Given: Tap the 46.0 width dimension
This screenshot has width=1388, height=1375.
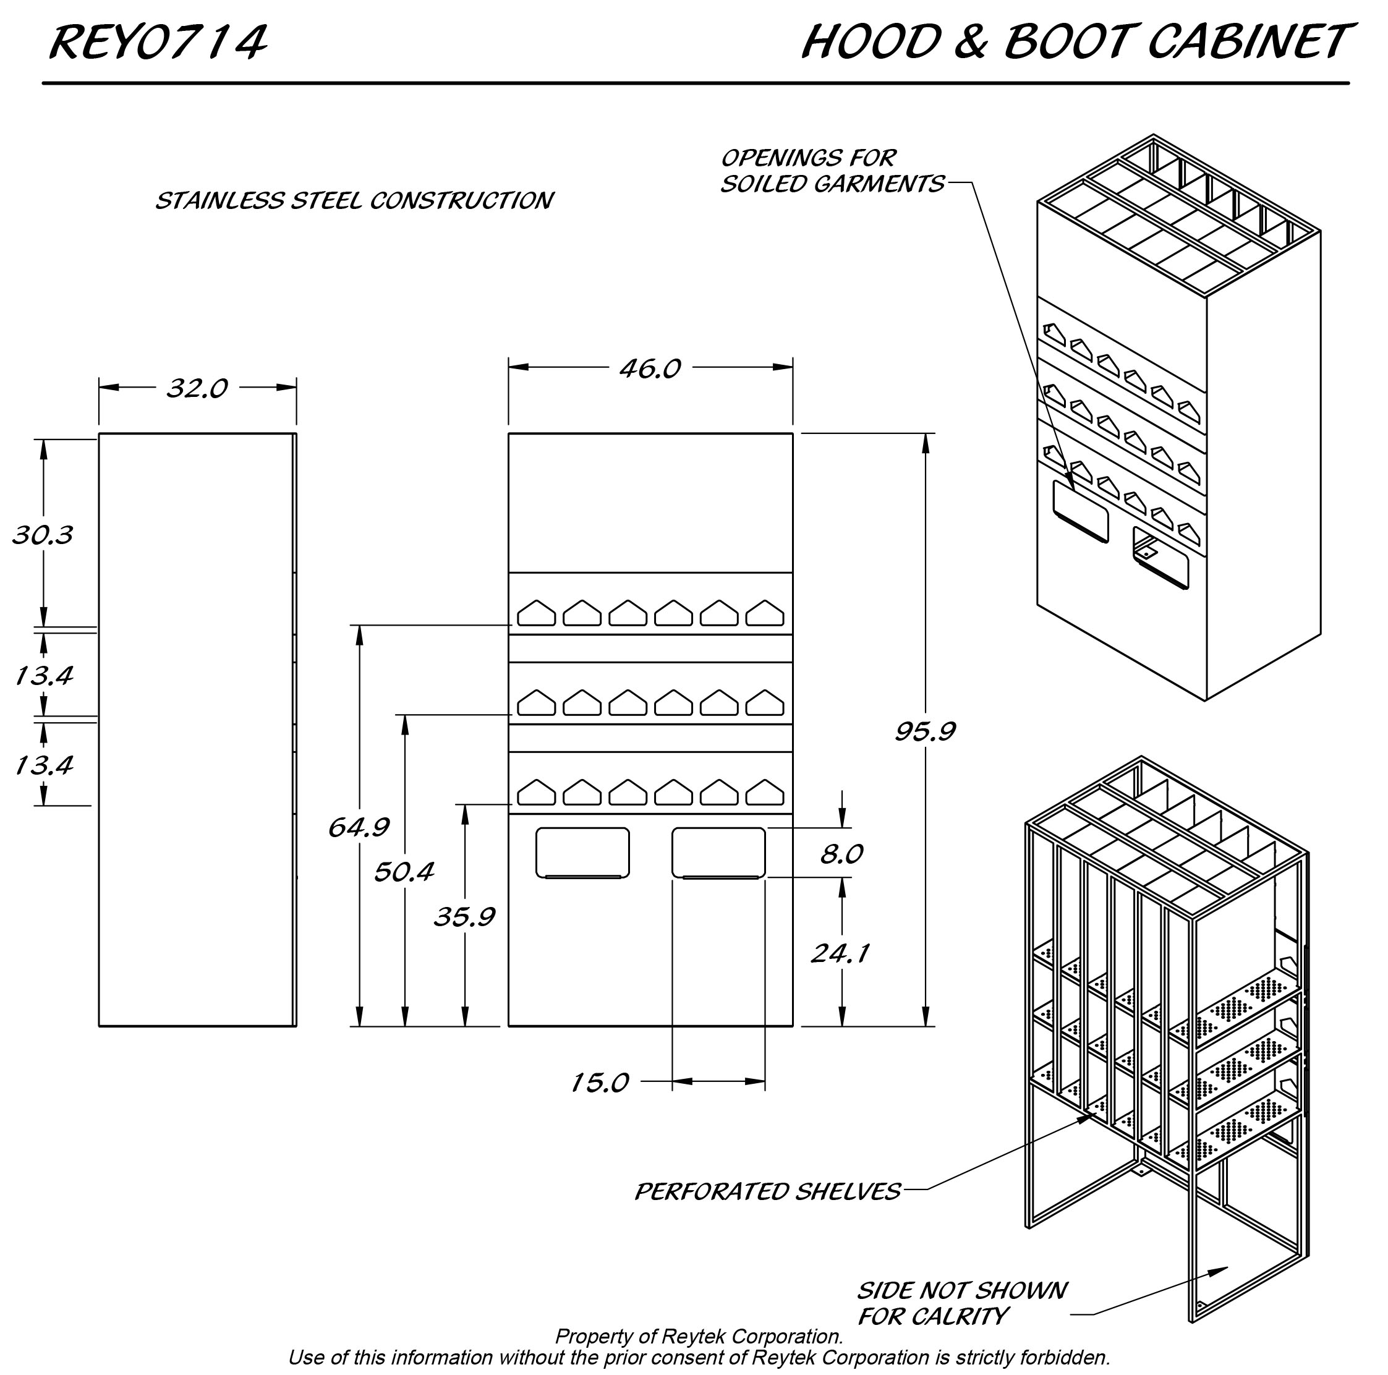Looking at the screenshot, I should tap(650, 368).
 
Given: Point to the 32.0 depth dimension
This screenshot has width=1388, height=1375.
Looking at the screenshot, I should tap(197, 388).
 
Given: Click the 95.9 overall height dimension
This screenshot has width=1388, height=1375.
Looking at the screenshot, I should tap(925, 731).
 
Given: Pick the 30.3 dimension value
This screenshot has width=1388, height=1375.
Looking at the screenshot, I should tap(43, 535).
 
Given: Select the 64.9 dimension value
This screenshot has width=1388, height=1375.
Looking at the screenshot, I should tap(359, 828).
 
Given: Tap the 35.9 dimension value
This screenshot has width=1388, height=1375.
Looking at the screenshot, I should tap(465, 917).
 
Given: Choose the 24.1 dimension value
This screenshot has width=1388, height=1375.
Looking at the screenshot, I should tap(841, 953).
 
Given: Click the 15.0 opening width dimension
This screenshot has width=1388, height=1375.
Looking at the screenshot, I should tap(600, 1083).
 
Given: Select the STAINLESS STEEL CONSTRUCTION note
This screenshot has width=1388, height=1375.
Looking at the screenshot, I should tap(354, 200).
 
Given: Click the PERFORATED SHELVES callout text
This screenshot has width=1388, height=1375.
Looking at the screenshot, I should tap(767, 1192).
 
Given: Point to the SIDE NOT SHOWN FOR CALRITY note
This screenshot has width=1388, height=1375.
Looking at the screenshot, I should tap(961, 1303).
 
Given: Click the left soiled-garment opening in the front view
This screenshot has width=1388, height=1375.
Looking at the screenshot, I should tap(582, 852).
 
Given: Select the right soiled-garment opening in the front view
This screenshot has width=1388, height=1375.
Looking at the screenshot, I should tap(718, 852).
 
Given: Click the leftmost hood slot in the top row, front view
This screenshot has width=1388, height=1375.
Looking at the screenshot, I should tap(536, 613).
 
